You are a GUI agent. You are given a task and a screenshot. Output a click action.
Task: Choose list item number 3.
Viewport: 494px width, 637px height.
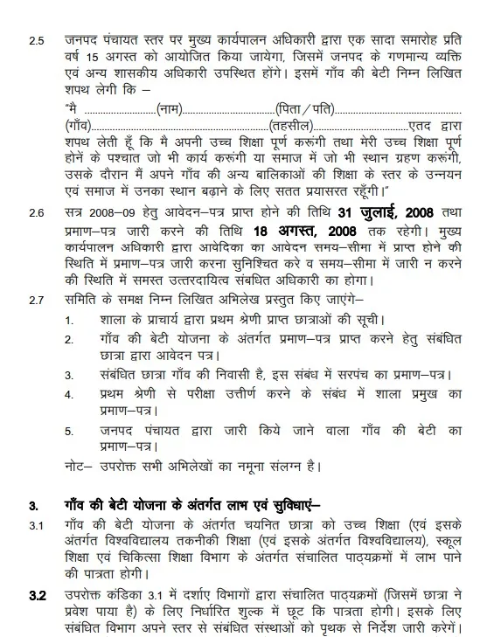70,373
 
